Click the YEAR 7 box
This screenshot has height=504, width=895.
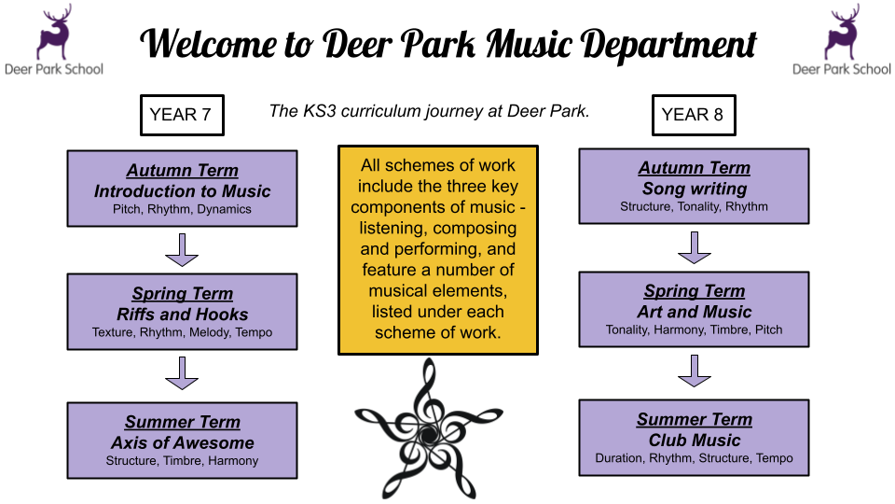[182, 115]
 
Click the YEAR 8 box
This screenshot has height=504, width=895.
[694, 115]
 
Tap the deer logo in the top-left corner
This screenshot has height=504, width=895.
[54, 32]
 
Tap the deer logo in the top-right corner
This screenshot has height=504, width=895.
[842, 32]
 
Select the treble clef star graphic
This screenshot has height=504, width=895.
[428, 429]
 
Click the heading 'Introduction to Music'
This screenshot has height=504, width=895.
[182, 190]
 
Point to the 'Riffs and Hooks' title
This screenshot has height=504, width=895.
[182, 315]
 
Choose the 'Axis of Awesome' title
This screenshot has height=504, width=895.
[182, 442]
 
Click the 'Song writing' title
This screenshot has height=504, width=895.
[694, 189]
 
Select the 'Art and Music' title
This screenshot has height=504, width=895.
[694, 312]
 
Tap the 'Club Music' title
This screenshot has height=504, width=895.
[694, 440]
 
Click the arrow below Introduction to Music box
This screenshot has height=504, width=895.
[182, 250]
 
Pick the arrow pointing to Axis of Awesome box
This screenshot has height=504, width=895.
[182, 373]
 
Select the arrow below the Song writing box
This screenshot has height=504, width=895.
[694, 248]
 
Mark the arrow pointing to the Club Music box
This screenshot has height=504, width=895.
[694, 371]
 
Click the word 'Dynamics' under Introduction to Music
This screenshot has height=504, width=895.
[225, 210]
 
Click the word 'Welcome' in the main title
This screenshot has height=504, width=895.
[208, 44]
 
